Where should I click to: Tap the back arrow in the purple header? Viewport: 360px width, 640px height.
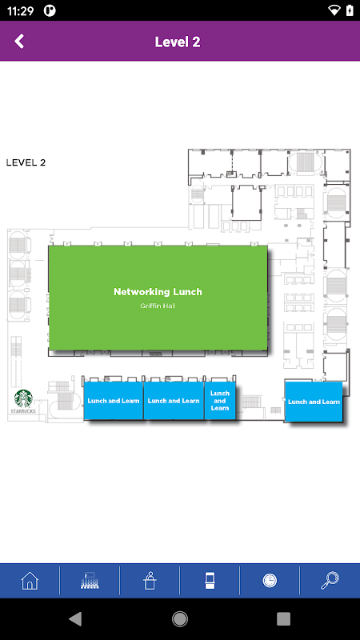(19, 42)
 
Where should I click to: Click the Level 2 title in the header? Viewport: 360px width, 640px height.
(178, 42)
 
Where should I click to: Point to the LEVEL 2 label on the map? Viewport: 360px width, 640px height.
(26, 162)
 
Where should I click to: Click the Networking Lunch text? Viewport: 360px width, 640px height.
(158, 292)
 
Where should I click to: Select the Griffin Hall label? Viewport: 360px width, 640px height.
(158, 306)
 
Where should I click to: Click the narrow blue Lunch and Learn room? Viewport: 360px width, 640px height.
(220, 401)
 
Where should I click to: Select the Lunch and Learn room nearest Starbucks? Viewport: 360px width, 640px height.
(114, 401)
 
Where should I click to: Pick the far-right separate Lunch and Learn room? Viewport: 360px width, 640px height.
(314, 402)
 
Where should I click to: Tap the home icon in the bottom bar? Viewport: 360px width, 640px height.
(30, 581)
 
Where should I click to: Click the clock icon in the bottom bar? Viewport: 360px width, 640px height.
(270, 581)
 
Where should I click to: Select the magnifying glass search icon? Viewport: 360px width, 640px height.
(330, 581)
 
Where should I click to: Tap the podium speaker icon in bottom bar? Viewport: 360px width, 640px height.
(150, 581)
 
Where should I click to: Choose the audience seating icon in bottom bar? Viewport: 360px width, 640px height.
(90, 581)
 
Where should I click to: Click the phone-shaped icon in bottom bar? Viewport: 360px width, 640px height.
(210, 581)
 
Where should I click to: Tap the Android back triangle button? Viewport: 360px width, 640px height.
(75, 618)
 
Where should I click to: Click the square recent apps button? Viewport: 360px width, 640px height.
(284, 618)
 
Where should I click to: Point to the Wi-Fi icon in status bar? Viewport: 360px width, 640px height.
(334, 10)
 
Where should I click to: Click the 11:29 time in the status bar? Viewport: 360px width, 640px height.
(20, 11)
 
